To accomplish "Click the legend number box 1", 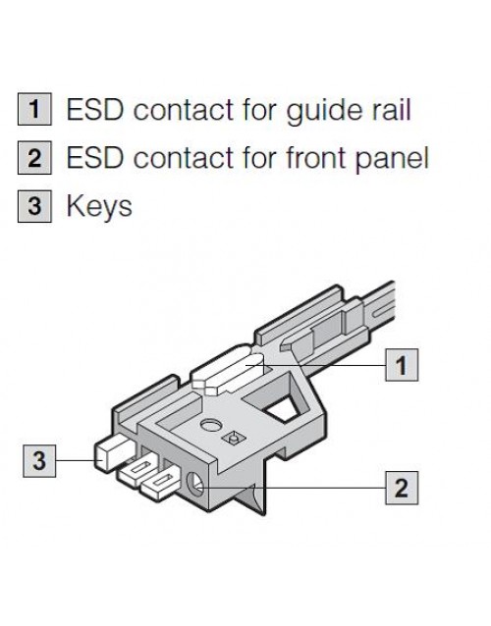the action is click(34, 109).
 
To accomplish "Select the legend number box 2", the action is click(34, 157).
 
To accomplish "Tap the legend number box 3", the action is click(34, 206).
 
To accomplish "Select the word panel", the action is click(392, 159).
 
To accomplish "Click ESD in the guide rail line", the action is click(95, 109).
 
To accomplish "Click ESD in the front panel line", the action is click(95, 157).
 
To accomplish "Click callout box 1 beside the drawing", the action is click(402, 365).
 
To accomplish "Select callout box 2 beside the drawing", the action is click(402, 488).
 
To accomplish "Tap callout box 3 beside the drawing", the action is click(39, 461).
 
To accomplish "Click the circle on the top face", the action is click(210, 425).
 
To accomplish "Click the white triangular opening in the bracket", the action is click(283, 409).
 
